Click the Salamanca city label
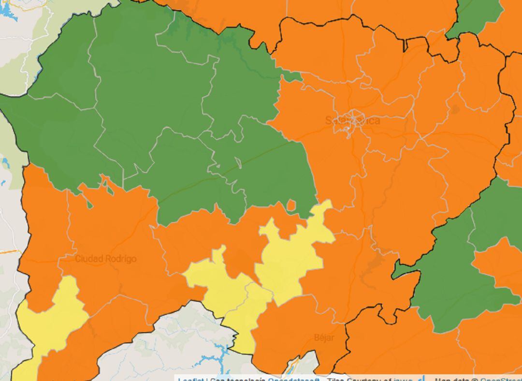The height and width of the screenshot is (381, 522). pyautogui.click(x=352, y=120)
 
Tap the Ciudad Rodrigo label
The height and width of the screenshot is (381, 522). pyautogui.click(x=105, y=259)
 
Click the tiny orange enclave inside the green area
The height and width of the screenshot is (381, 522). pyautogui.click(x=291, y=205)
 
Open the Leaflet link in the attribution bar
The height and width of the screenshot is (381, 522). pyautogui.click(x=189, y=379)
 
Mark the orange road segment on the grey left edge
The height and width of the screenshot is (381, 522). pyautogui.click(x=10, y=251)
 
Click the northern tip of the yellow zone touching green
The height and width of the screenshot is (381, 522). pyautogui.click(x=325, y=208)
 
